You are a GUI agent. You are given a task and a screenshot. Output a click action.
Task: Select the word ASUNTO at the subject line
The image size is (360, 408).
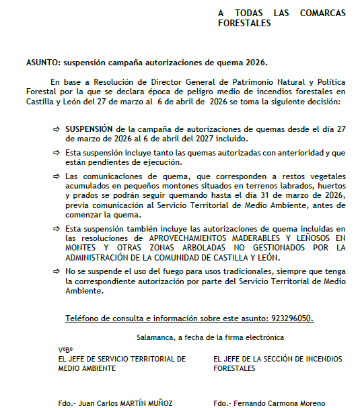42,63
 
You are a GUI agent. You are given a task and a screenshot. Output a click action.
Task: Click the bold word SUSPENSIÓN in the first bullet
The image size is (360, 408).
89,127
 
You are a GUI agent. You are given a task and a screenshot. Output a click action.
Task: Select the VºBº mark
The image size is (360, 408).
65,350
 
